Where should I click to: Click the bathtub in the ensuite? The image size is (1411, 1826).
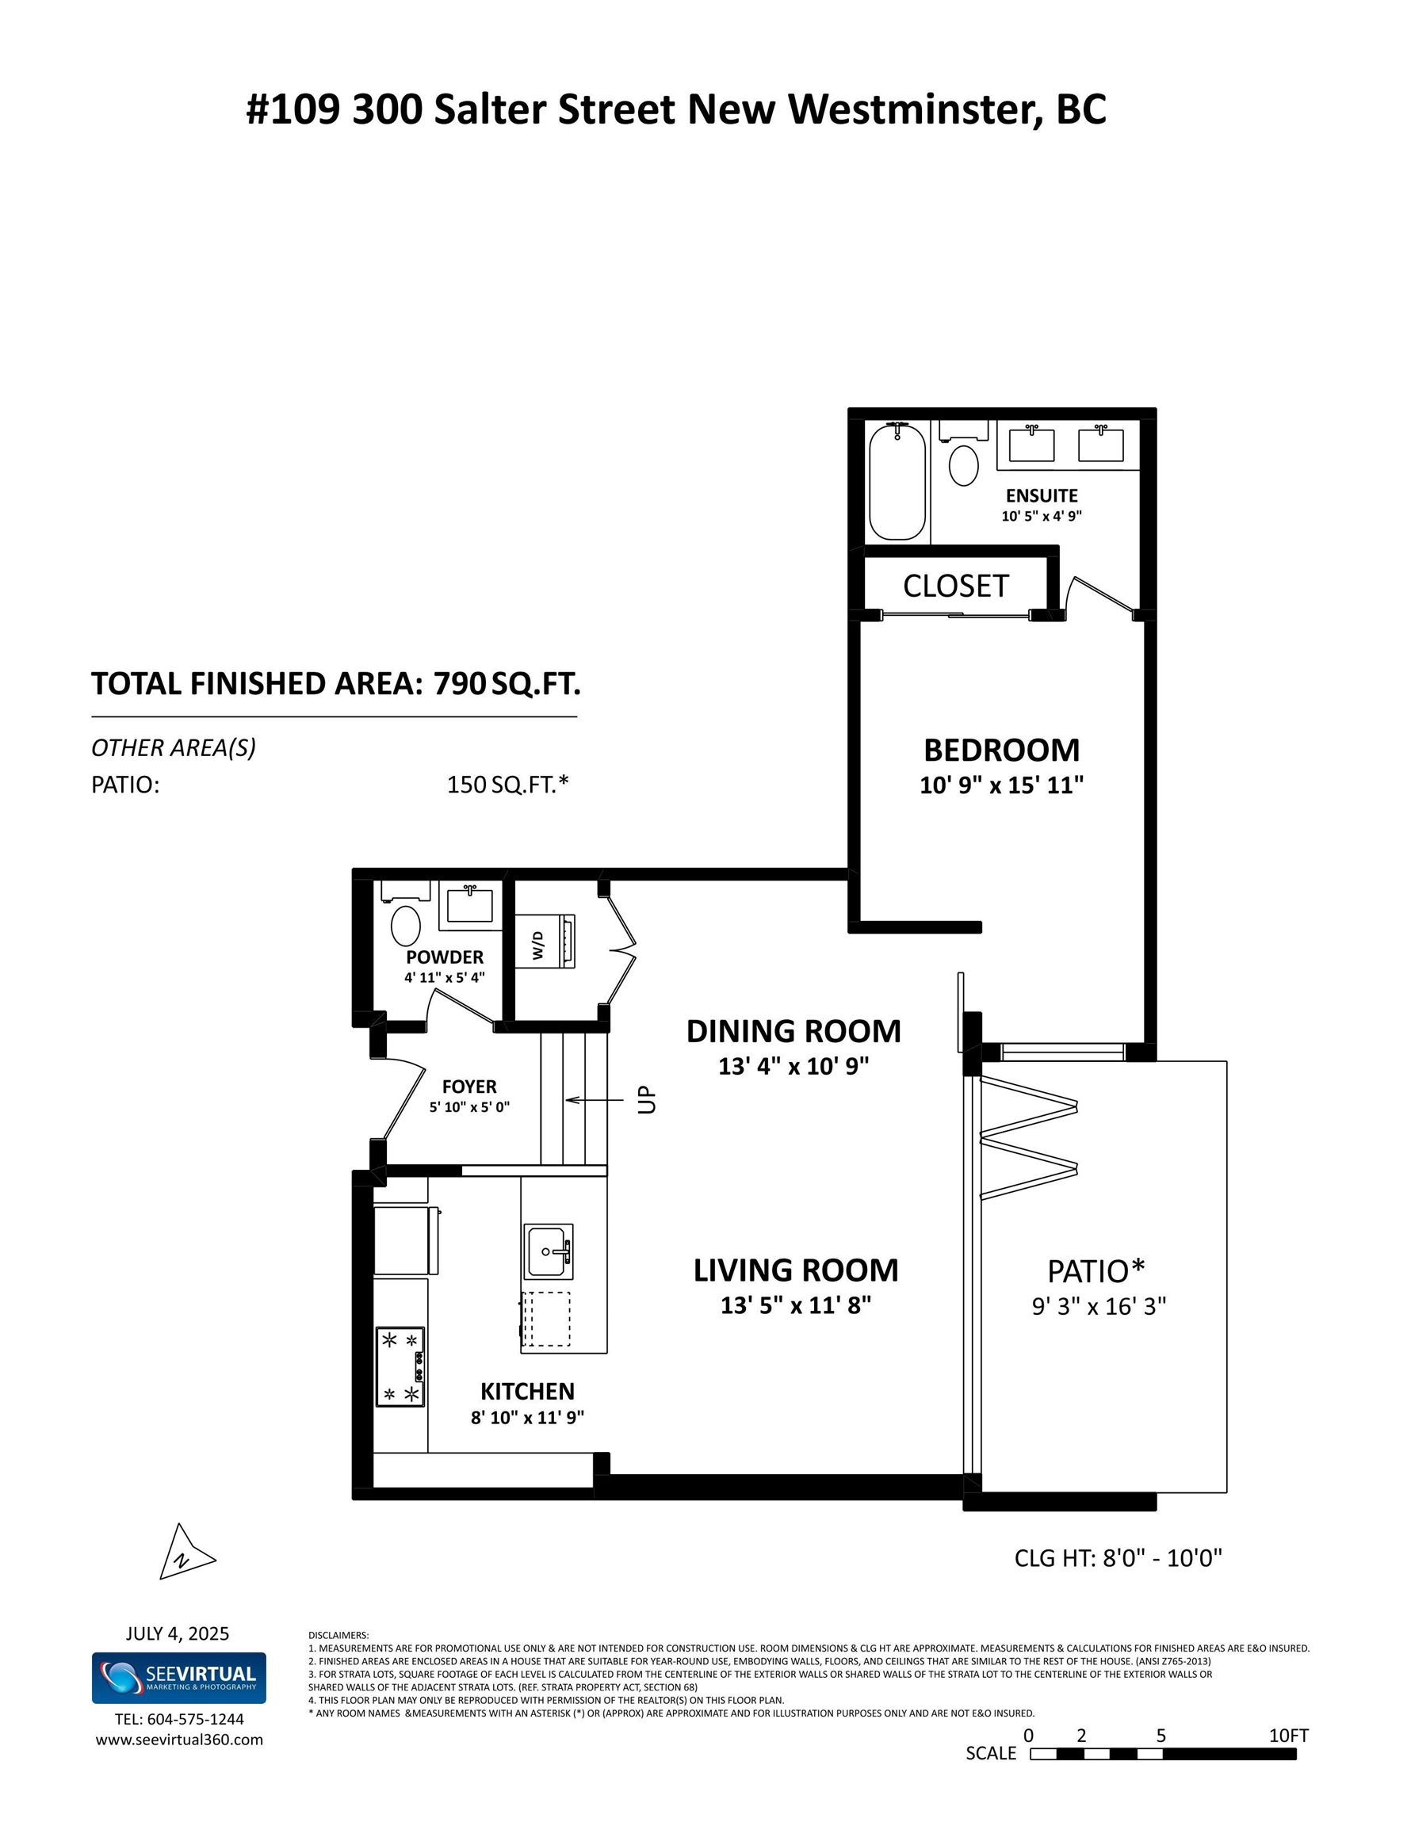(x=897, y=481)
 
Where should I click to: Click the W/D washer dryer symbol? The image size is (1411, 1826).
(x=545, y=942)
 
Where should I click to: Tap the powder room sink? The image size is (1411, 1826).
(x=469, y=904)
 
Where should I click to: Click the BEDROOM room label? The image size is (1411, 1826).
(x=1001, y=750)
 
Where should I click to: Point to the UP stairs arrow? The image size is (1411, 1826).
(x=597, y=1099)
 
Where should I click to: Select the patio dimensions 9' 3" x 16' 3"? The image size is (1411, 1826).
(x=1098, y=1306)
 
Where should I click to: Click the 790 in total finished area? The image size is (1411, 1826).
(x=459, y=684)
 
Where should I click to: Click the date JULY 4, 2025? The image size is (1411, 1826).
(x=178, y=1633)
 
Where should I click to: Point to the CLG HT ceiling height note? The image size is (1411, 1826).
(x=1118, y=1557)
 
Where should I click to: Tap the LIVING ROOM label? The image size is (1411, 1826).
(x=795, y=1271)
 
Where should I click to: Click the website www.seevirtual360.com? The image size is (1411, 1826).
(x=179, y=1740)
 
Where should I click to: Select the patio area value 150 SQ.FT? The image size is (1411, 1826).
(x=507, y=785)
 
